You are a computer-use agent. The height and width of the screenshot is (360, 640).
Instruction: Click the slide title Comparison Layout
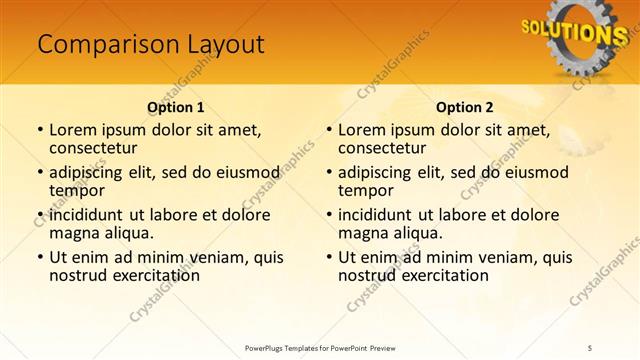(150, 45)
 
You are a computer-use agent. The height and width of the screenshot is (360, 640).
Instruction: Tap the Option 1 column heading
(175, 106)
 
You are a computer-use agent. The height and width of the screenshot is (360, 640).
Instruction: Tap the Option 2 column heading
(464, 106)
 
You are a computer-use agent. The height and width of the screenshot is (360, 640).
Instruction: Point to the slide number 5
(590, 347)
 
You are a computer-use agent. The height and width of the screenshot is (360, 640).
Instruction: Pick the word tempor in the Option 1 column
(76, 191)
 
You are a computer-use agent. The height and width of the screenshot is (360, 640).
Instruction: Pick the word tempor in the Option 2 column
(365, 191)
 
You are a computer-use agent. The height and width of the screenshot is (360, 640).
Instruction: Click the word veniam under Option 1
(215, 257)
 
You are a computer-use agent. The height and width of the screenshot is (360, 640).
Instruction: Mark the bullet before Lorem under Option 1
(39, 130)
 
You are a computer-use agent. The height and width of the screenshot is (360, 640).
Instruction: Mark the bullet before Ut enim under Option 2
(328, 257)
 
